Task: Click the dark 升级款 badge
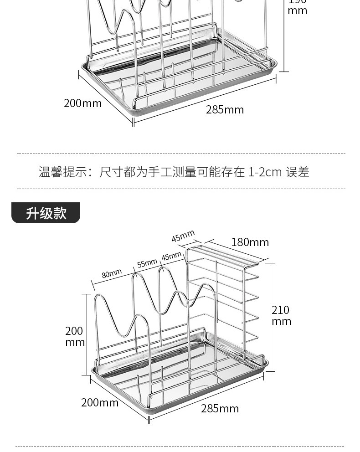[46, 213]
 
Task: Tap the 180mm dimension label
[250, 242]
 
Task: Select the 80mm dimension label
[112, 273]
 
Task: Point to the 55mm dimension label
[147, 263]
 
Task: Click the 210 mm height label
[281, 315]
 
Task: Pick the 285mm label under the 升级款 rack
[220, 408]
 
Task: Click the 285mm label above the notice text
[225, 110]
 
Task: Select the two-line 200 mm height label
[74, 336]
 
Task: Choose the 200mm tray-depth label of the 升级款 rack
[100, 402]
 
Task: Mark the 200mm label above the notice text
[82, 103]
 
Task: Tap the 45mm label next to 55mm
[171, 257]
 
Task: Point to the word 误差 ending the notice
[298, 172]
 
